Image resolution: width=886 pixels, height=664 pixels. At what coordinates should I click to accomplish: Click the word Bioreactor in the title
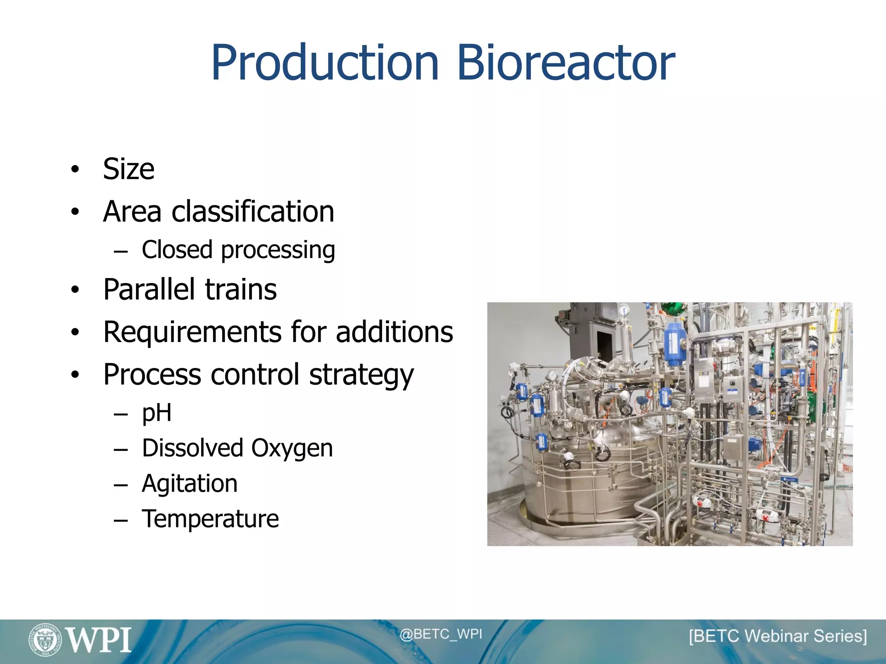tap(566, 63)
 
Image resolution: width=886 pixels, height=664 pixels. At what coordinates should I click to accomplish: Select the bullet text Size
tap(128, 169)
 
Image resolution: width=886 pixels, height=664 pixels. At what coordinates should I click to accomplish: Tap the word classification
tap(253, 211)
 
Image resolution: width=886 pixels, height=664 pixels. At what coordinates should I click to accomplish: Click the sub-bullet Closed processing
tap(238, 250)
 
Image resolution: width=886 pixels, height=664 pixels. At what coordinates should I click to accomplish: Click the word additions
tap(394, 332)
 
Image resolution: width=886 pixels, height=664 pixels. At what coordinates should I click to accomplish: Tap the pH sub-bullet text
tap(157, 413)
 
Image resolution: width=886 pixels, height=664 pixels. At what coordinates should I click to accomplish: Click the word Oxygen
tap(292, 448)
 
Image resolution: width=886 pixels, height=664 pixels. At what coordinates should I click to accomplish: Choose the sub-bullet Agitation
tap(189, 483)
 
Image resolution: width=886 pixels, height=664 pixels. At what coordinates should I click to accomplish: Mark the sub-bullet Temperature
tap(210, 519)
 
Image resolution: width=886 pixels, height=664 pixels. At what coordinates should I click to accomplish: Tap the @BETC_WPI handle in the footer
tap(440, 634)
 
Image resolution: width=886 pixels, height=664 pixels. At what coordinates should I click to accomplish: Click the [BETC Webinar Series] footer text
tap(778, 636)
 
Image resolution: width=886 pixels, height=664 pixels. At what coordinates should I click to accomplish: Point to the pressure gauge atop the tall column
tap(623, 310)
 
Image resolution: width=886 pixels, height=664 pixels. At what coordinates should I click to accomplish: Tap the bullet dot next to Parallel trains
tap(75, 290)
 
